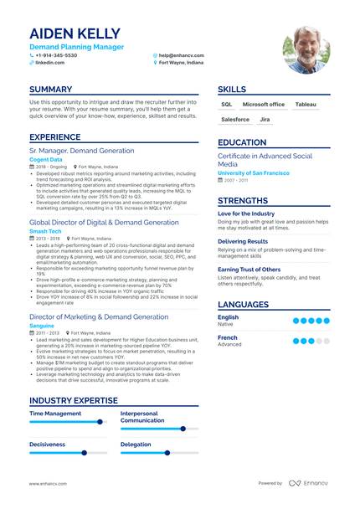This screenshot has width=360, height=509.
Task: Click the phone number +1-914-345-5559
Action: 56,54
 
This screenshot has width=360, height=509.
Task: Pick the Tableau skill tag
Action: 306,105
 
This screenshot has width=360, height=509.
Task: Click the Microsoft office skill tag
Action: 264,105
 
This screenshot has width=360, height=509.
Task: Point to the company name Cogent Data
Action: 45,159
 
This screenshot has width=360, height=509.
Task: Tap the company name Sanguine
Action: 42,326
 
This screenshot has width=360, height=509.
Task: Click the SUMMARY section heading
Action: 55,90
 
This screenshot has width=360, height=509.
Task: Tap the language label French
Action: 228,337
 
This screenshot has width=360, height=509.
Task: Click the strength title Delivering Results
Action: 244,241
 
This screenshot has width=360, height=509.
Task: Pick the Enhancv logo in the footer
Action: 311,483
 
